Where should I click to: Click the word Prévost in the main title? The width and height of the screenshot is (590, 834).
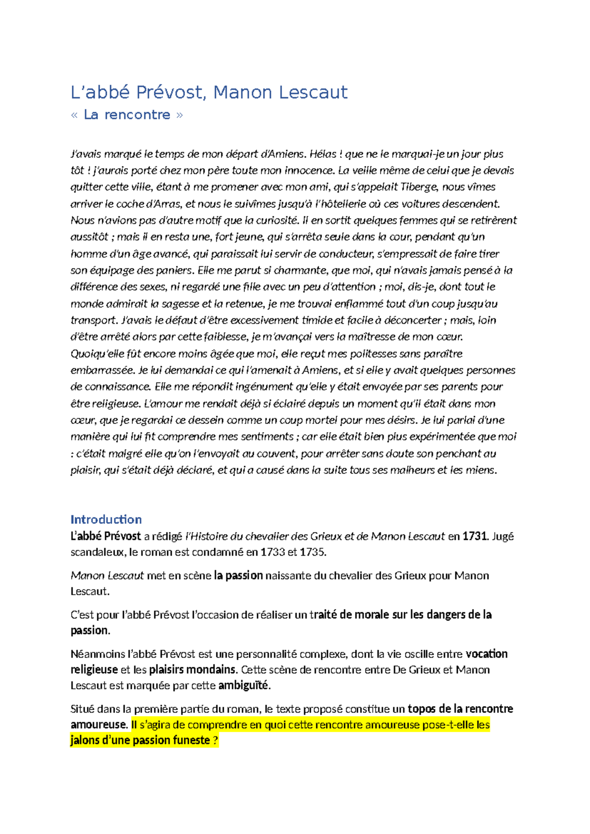(x=169, y=92)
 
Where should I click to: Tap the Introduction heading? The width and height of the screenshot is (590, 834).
(x=106, y=519)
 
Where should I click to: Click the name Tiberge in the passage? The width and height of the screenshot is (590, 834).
(x=418, y=187)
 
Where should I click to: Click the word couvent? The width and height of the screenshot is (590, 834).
(x=277, y=453)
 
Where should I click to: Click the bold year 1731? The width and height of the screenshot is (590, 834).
(x=474, y=536)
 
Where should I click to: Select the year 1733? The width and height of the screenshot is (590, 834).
(x=272, y=552)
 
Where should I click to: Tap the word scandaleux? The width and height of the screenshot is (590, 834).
(x=97, y=552)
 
